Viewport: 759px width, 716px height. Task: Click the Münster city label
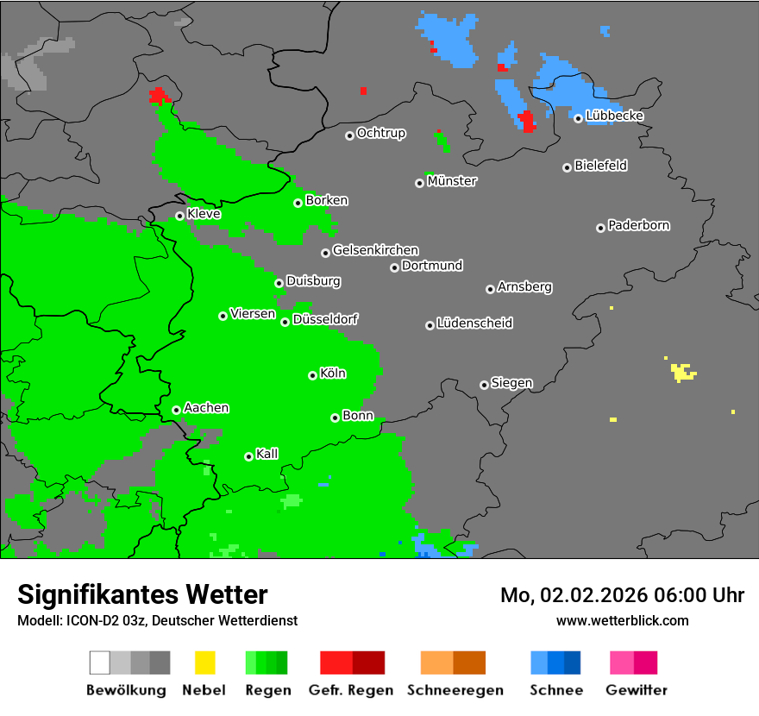coord(452,181)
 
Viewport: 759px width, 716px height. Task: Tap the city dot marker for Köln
coord(312,375)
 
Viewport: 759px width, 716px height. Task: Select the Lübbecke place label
coord(614,116)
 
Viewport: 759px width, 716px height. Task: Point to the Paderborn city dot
coord(600,228)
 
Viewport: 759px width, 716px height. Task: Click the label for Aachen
coord(206,407)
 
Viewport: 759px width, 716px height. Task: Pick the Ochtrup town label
coord(381,133)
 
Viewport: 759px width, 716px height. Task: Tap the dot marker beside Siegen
coord(484,385)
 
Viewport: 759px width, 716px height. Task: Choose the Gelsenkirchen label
coord(375,250)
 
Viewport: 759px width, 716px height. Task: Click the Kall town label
coord(267,454)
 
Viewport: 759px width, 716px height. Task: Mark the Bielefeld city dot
coord(567,167)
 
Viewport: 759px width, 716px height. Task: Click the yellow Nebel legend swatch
coord(205,663)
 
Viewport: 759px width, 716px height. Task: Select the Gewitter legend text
coord(637,690)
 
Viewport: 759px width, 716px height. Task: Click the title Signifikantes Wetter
coord(142,594)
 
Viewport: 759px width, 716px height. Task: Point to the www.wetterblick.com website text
coord(623,620)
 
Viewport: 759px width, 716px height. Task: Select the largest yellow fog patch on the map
coord(682,373)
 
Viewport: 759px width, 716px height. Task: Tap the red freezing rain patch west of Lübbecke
coord(527,122)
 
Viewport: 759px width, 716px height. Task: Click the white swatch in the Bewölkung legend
coord(100,663)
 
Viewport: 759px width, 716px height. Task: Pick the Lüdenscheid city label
coord(474,323)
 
